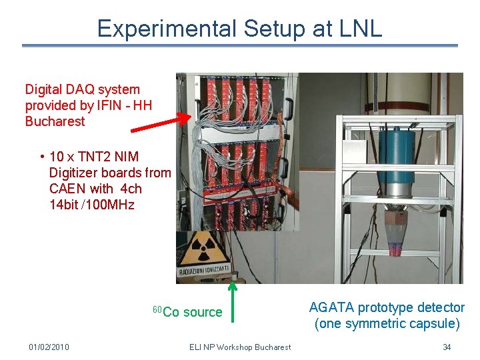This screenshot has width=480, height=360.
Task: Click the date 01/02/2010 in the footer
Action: tap(49, 347)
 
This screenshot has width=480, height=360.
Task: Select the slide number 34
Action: tap(447, 347)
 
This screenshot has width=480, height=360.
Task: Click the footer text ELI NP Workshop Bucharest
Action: tap(240, 347)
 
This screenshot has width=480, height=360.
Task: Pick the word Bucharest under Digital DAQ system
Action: tap(55, 121)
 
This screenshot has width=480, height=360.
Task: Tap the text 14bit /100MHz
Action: tap(91, 205)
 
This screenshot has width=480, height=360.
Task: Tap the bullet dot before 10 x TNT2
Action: tap(41, 157)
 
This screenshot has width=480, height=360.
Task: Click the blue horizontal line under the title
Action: tap(240, 45)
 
